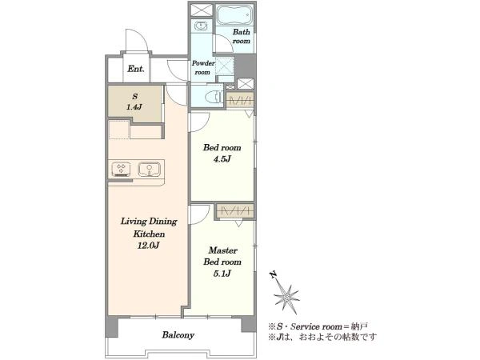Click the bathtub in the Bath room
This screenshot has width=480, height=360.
[x=234, y=14]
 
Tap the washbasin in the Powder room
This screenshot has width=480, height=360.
[x=201, y=26]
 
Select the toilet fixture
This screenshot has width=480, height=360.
[x=214, y=97]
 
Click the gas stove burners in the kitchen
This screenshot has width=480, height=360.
[x=122, y=170]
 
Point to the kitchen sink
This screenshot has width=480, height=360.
[x=149, y=170]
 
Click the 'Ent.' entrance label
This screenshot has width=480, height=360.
[x=136, y=69]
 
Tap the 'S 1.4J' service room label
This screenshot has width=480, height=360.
[x=134, y=102]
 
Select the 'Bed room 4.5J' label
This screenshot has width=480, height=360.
[x=222, y=153]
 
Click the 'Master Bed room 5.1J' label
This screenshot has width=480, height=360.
[x=222, y=262]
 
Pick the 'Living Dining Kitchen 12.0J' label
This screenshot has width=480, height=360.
[x=149, y=234]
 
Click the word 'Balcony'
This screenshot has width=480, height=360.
[x=178, y=335]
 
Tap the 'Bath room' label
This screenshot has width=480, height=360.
[x=242, y=36]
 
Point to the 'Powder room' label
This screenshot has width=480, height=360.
[x=203, y=68]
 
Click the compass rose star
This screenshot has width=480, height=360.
[x=286, y=297]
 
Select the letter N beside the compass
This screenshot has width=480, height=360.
[x=274, y=274]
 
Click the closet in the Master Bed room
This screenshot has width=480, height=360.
[x=235, y=211]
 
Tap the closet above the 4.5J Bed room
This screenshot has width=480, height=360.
[x=240, y=100]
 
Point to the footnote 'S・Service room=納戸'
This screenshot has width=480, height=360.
[x=318, y=326]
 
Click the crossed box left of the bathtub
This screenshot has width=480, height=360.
[x=202, y=10]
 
